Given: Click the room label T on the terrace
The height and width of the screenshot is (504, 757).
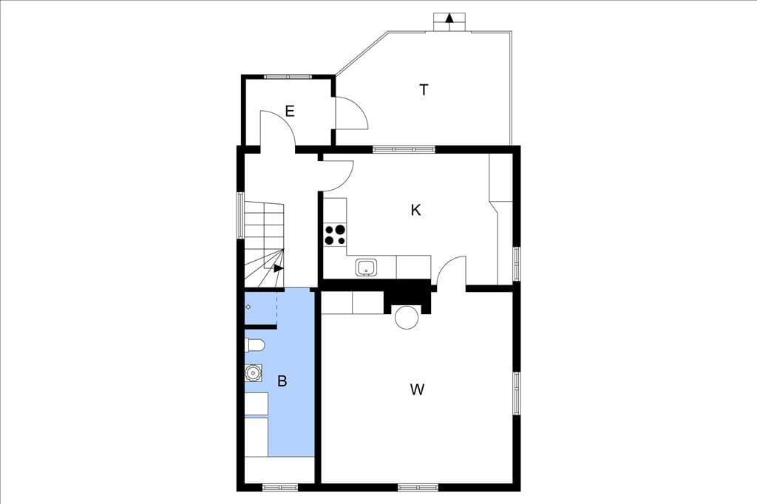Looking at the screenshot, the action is click(x=424, y=90).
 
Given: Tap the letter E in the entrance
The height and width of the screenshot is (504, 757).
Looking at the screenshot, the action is click(x=290, y=112).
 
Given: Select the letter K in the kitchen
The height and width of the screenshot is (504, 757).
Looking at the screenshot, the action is click(x=415, y=210).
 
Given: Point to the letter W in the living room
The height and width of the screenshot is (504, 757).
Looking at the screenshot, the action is click(x=417, y=389).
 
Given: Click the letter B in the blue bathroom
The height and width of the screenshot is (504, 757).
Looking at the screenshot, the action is click(x=282, y=381).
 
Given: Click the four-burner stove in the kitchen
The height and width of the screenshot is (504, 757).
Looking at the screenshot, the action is click(x=335, y=234).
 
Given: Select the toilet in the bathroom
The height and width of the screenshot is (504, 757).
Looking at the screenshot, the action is click(x=255, y=345).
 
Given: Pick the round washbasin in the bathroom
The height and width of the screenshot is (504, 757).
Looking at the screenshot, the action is click(x=253, y=372).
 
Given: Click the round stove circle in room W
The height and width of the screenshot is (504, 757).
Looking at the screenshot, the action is click(x=407, y=317).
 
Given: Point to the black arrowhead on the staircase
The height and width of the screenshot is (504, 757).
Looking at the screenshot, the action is click(x=278, y=268).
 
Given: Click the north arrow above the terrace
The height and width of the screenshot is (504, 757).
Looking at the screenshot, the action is click(x=449, y=18).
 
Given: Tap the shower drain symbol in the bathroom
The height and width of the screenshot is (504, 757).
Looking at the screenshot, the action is click(x=248, y=307).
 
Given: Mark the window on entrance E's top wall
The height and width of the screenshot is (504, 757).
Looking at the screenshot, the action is click(x=288, y=76).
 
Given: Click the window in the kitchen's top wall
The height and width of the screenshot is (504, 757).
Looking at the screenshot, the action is click(x=404, y=149).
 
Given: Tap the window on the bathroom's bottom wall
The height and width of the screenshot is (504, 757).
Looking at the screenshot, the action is click(x=280, y=488).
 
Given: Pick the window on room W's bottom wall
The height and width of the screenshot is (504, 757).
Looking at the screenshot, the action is click(x=418, y=488).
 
